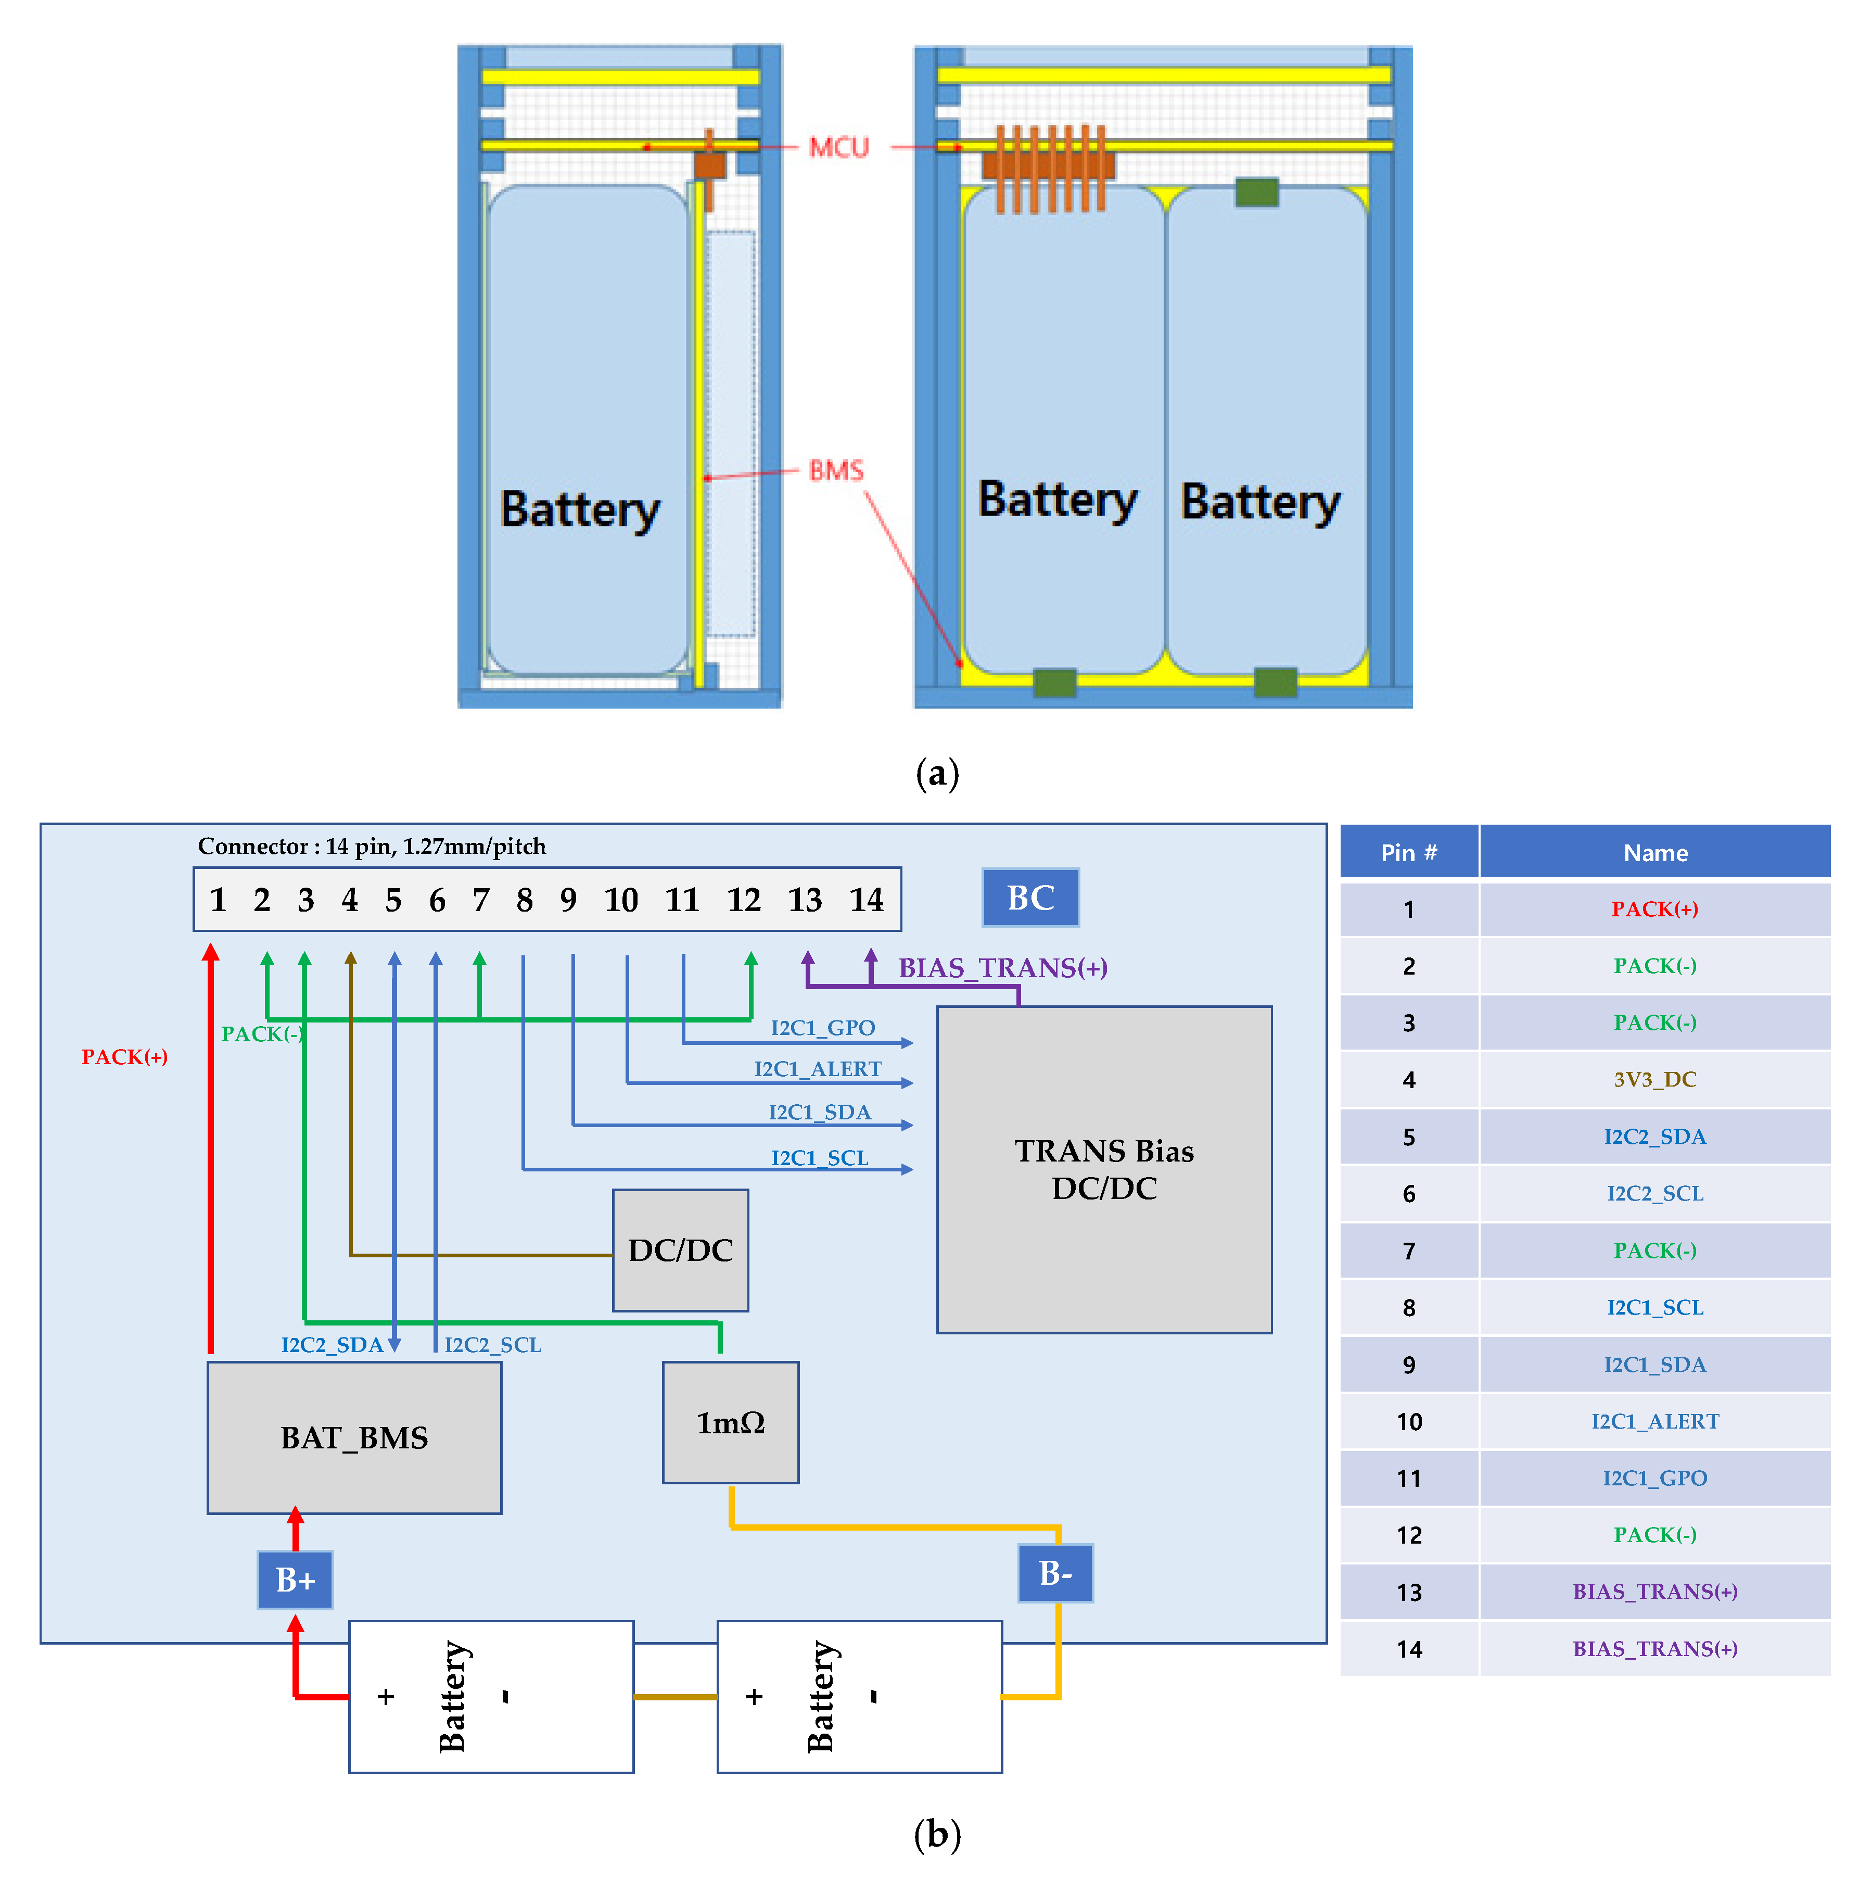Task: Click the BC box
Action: pyautogui.click(x=1030, y=898)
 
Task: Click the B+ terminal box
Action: pyautogui.click(x=295, y=1579)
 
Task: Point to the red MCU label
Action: pyautogui.click(x=838, y=148)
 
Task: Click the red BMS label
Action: pyautogui.click(x=836, y=471)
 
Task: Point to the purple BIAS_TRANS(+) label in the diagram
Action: pyautogui.click(x=1003, y=968)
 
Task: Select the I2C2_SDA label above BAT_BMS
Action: pyautogui.click(x=332, y=1345)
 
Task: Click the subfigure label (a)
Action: pyautogui.click(x=936, y=774)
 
